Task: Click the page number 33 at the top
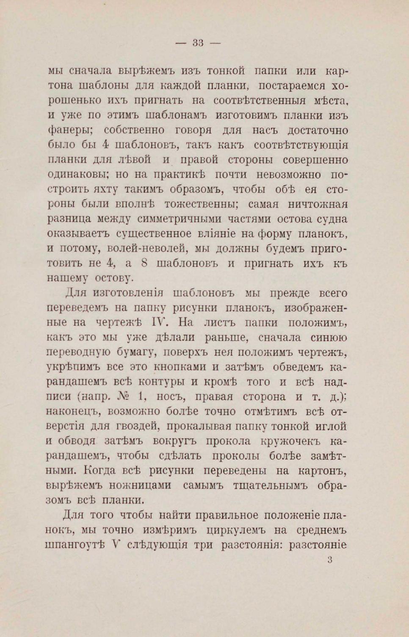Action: pyautogui.click(x=198, y=43)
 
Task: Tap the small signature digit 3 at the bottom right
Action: pyautogui.click(x=330, y=560)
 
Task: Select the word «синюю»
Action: pyautogui.click(x=329, y=337)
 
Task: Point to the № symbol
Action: pyautogui.click(x=126, y=397)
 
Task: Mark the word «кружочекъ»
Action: pyautogui.click(x=291, y=441)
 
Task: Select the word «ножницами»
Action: pyautogui.click(x=140, y=485)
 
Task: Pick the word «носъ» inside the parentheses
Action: pyautogui.click(x=170, y=397)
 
